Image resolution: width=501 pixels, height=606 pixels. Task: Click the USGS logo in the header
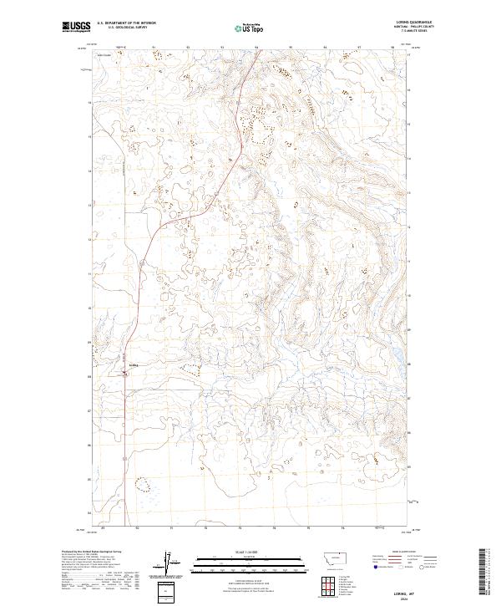tap(77, 27)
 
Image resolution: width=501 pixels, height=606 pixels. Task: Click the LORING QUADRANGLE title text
tap(421, 23)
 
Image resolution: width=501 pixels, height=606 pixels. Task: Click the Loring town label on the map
tap(134, 365)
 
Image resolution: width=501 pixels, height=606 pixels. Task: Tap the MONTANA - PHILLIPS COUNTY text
tap(422, 27)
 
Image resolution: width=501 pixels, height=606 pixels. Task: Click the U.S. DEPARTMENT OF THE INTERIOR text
tap(126, 23)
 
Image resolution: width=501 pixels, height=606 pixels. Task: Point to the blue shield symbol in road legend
tap(373, 565)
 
